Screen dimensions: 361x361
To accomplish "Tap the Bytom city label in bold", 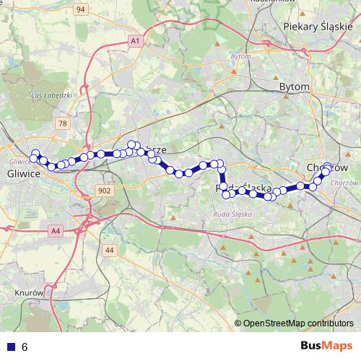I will pyautogui.click(x=294, y=87).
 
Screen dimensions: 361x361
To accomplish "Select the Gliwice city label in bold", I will pyautogui.click(x=22, y=174).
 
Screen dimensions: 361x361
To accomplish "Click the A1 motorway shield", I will pyautogui.click(x=135, y=42).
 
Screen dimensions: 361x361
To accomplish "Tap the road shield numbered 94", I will pyautogui.click(x=80, y=9).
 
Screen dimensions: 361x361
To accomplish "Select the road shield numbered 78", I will pyautogui.click(x=64, y=123).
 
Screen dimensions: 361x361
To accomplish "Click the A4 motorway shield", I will pyautogui.click(x=56, y=230).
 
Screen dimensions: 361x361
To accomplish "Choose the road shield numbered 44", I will pyautogui.click(x=109, y=250).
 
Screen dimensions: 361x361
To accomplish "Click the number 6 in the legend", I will pyautogui.click(x=25, y=347).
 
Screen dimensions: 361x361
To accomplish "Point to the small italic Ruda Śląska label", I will pyautogui.click(x=232, y=214).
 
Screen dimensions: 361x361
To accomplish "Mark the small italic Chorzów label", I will pyautogui.click(x=338, y=183).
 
